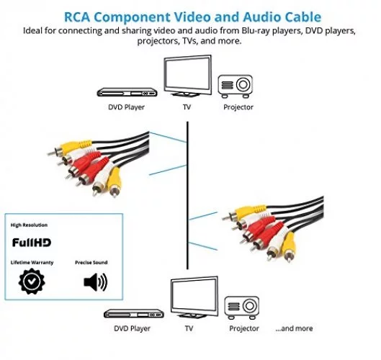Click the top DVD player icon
[127, 92]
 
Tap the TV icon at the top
[187, 76]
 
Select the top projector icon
[236, 86]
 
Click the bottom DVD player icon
[134, 314]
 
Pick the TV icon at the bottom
[194, 297]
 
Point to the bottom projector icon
[241, 307]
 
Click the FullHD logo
[32, 243]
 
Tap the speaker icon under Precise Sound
[96, 282]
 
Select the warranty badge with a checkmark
[32, 282]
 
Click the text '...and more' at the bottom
[294, 328]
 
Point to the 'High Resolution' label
[29, 225]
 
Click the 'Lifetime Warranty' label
[32, 262]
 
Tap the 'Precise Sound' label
[91, 262]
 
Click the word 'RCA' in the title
[77, 17]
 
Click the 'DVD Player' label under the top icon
[126, 107]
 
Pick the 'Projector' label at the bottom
[244, 328]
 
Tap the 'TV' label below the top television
[187, 107]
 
